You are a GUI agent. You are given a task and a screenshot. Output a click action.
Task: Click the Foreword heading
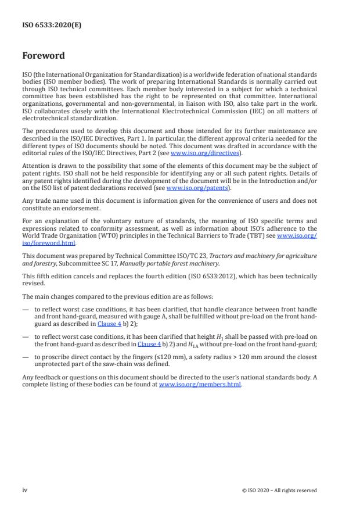44,56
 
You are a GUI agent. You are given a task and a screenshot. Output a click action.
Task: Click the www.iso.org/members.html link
200,385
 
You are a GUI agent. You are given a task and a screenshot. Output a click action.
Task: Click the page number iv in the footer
25,490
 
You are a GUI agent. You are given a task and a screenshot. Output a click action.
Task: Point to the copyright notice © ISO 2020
279,490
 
